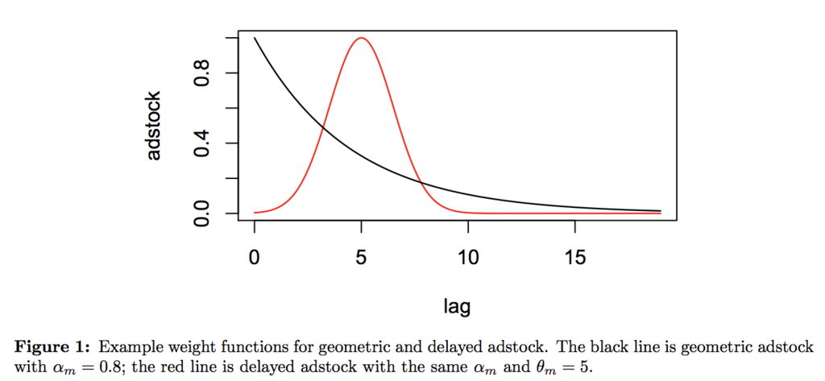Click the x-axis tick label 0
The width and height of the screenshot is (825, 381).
(x=255, y=258)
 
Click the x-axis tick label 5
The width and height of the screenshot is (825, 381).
(x=362, y=258)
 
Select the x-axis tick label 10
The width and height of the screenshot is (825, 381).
(x=468, y=258)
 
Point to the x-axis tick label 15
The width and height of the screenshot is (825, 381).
(x=574, y=258)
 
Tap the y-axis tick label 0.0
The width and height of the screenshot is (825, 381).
(x=202, y=213)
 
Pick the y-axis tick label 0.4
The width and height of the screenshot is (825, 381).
(x=202, y=143)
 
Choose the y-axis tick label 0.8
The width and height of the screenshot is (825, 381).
(x=202, y=73)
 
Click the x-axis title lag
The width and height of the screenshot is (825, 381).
(x=457, y=305)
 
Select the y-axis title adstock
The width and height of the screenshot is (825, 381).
(x=154, y=126)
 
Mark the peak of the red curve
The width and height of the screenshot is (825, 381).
(x=362, y=38)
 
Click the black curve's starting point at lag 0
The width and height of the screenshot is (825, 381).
(x=255, y=38)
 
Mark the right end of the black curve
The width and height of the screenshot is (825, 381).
(x=660, y=211)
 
